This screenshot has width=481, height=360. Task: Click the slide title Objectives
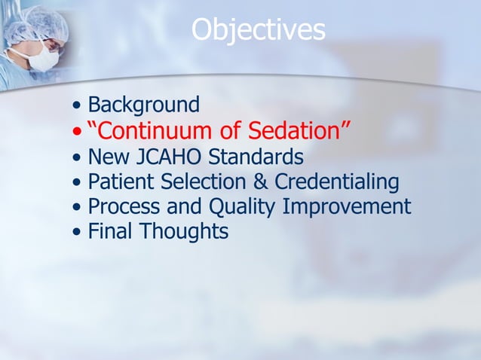(x=258, y=30)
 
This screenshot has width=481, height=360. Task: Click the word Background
(x=143, y=105)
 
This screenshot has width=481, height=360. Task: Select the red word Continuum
(x=151, y=131)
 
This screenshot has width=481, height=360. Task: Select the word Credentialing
(x=336, y=182)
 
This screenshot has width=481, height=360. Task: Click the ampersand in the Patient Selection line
(x=259, y=182)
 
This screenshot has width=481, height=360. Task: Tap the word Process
(x=127, y=206)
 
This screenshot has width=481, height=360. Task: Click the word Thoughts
(x=184, y=231)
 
